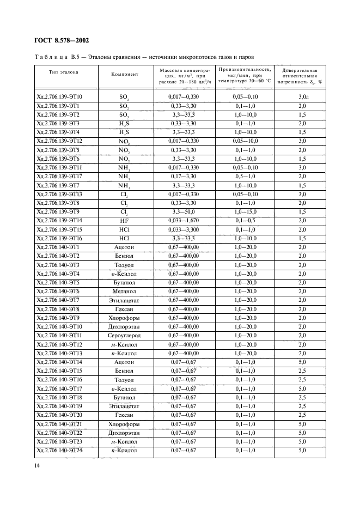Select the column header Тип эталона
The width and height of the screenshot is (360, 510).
coord(64,72)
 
